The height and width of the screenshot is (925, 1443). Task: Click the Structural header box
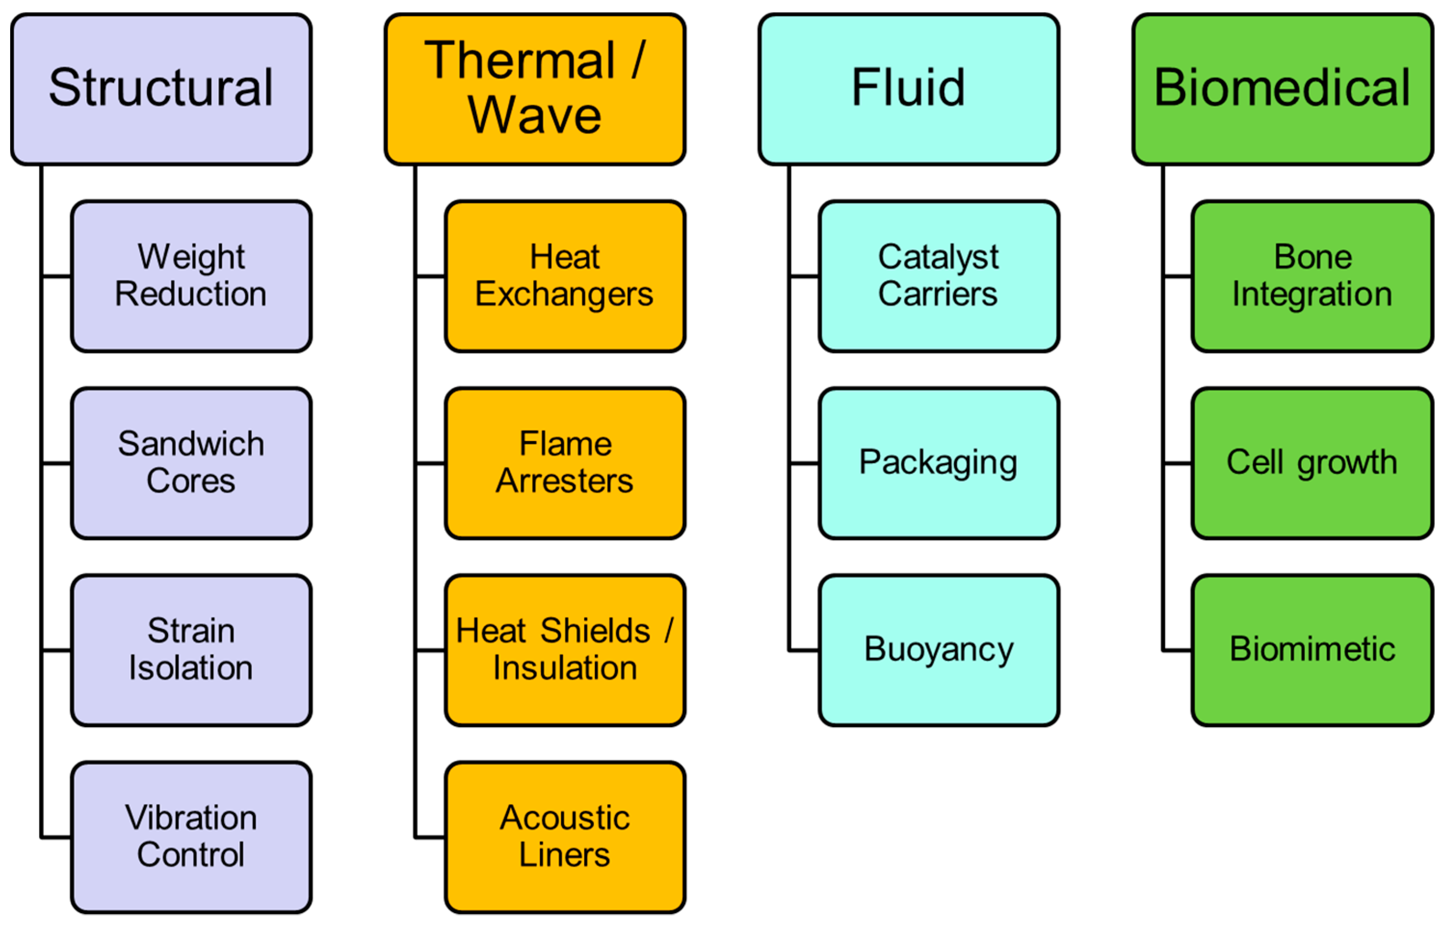click(x=161, y=89)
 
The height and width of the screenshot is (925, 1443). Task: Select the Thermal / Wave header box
click(x=534, y=89)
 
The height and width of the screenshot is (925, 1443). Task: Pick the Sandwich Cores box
click(x=191, y=462)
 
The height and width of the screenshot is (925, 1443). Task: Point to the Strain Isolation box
click(x=191, y=649)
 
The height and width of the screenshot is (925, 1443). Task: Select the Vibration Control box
click(x=191, y=837)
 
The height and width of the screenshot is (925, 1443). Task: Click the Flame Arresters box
click(x=564, y=462)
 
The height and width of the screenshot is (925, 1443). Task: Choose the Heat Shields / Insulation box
click(x=564, y=649)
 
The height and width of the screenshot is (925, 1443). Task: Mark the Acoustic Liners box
click(x=564, y=837)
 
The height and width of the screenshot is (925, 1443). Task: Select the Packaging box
click(x=938, y=462)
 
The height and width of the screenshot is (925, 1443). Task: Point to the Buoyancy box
click(x=938, y=649)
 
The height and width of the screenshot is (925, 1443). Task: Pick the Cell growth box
click(x=1312, y=462)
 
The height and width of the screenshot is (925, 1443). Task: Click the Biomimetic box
click(x=1312, y=649)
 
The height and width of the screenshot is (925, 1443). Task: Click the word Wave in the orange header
click(x=534, y=115)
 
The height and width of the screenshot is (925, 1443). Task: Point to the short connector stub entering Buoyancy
click(x=805, y=650)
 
